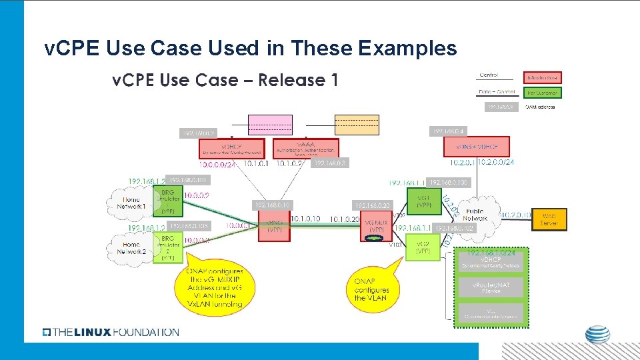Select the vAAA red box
click(x=306, y=148)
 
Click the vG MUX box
click(x=377, y=226)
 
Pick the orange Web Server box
click(x=549, y=219)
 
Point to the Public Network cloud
click(x=475, y=214)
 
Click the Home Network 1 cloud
click(x=131, y=203)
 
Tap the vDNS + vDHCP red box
click(x=477, y=147)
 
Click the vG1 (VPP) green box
click(x=423, y=201)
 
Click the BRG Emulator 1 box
click(x=168, y=198)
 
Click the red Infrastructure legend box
click(x=542, y=77)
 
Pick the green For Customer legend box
click(x=542, y=93)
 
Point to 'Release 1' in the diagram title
click(x=298, y=80)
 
